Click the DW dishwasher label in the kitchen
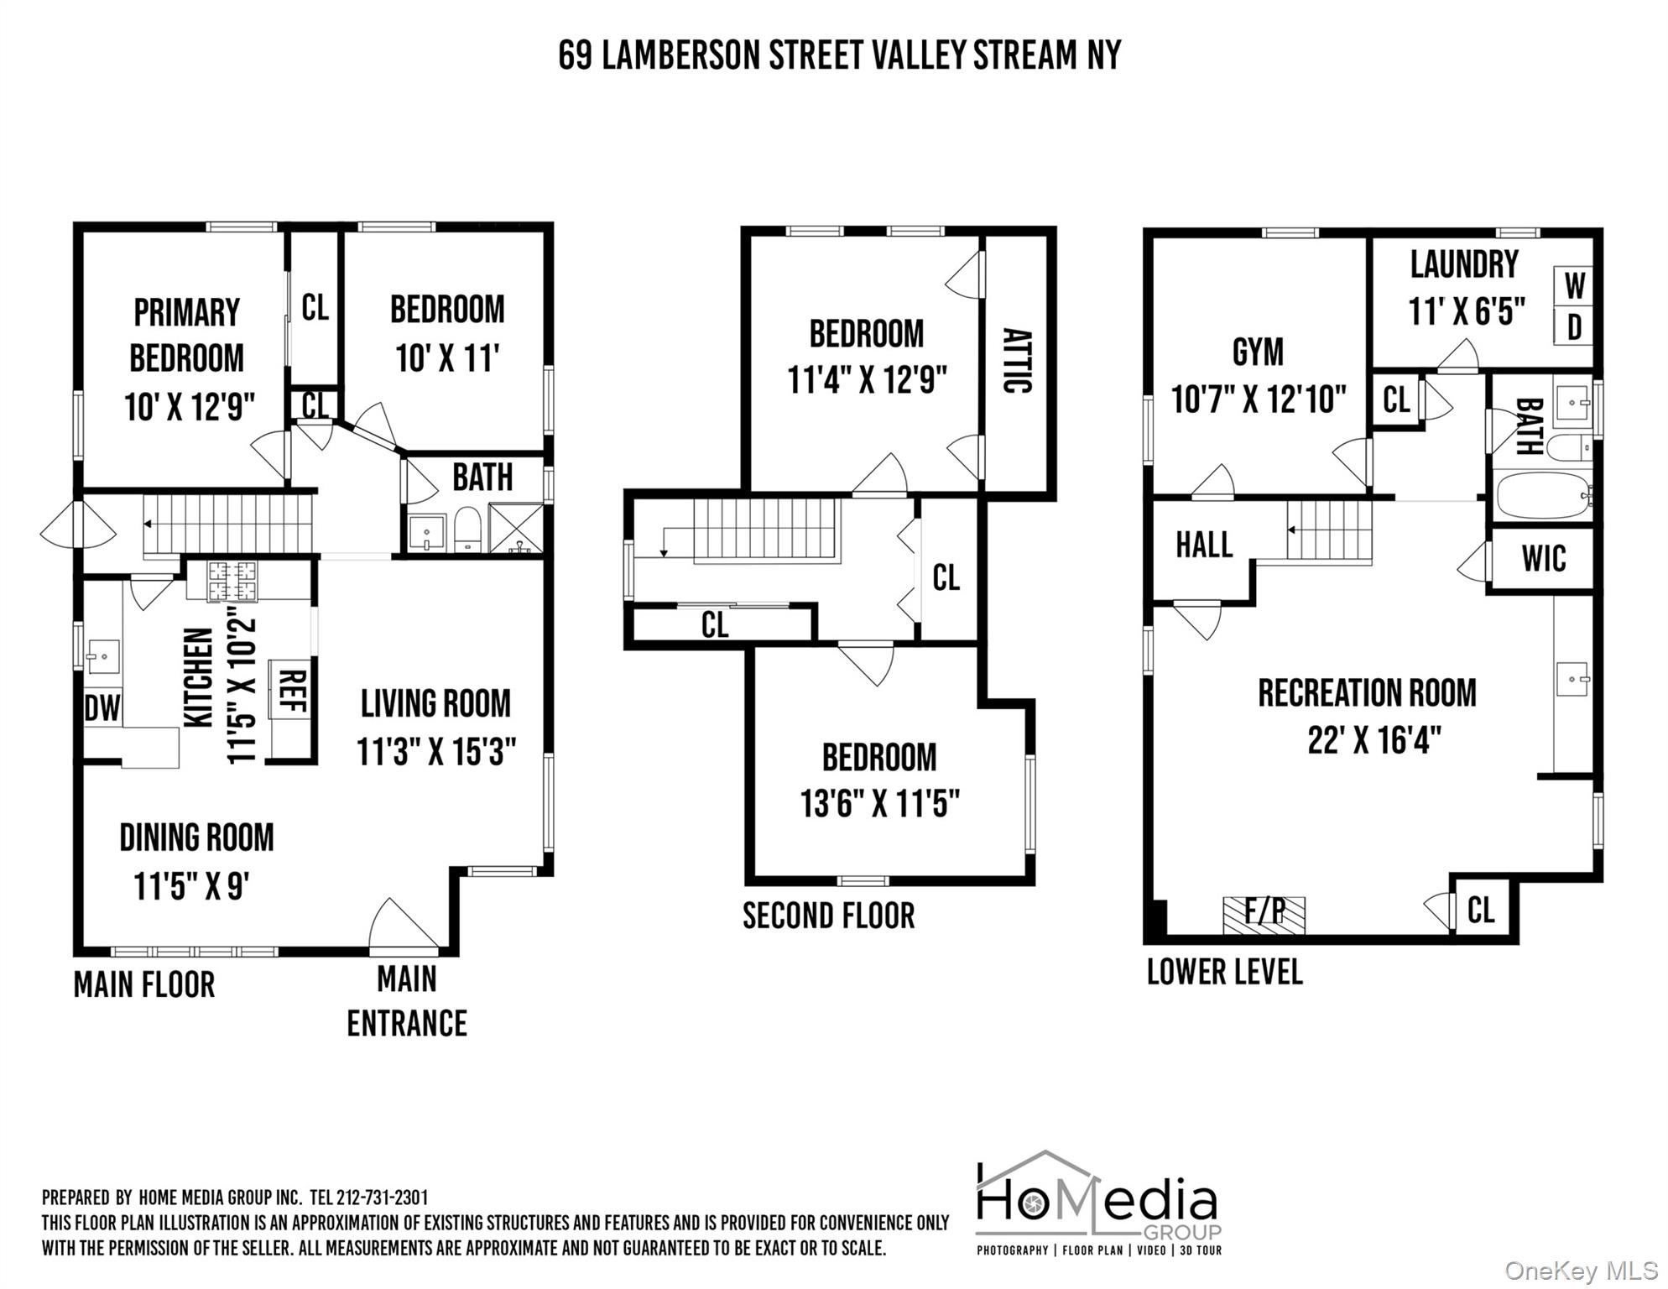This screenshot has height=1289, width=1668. [x=102, y=708]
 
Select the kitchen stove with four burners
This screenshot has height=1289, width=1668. [x=232, y=581]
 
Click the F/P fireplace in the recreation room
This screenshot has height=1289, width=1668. [x=1264, y=915]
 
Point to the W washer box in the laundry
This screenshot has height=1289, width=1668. [x=1574, y=287]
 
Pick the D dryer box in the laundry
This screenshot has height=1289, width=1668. [x=1574, y=327]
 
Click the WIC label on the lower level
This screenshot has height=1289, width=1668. [x=1543, y=559]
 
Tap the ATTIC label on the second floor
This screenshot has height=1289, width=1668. [x=1016, y=360]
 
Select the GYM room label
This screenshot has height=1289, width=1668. [x=1258, y=352]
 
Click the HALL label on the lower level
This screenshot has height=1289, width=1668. [x=1203, y=545]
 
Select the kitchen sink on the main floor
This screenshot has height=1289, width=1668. [x=103, y=656]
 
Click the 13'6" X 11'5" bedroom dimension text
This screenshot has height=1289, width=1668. [x=879, y=804]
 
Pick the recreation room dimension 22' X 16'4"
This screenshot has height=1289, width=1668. [x=1373, y=740]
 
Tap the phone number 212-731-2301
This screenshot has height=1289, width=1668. [x=382, y=1198]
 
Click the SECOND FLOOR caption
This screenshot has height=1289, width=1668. [x=828, y=916]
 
